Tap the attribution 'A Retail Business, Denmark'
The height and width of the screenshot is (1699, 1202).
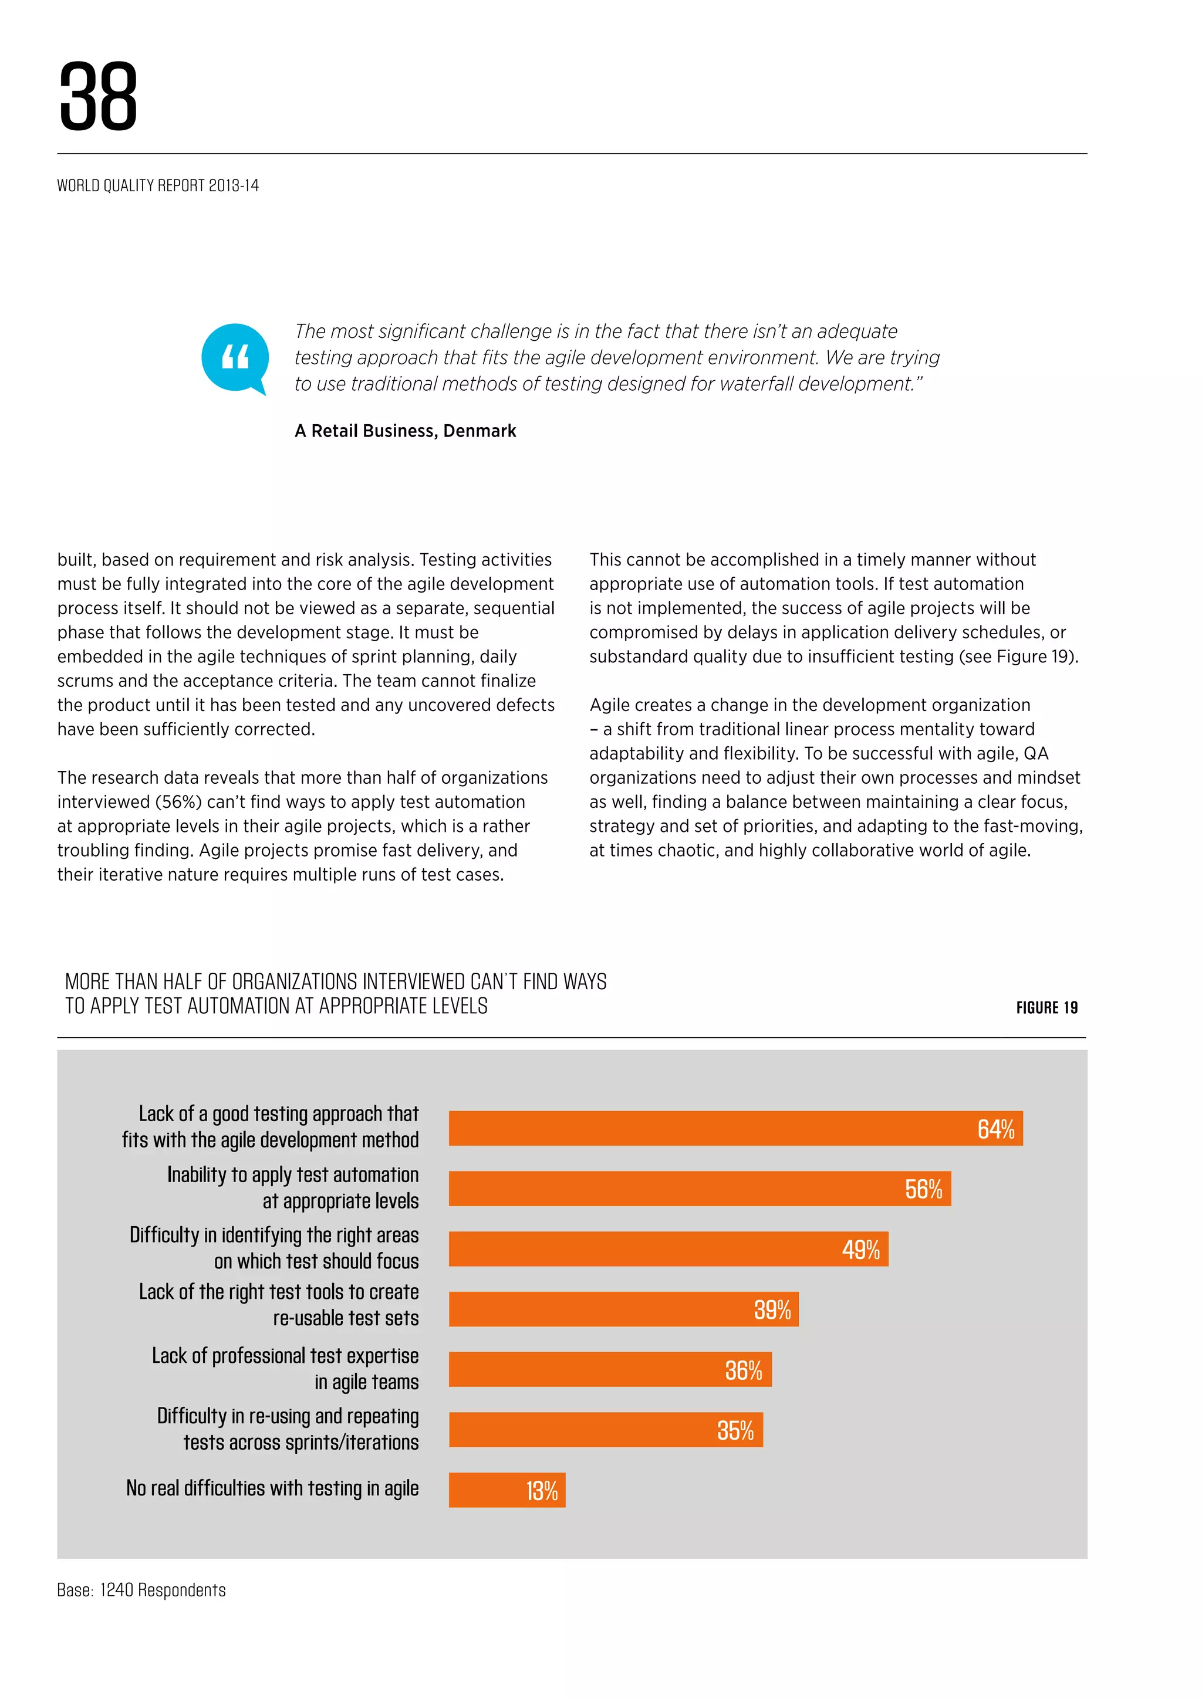coord(405,431)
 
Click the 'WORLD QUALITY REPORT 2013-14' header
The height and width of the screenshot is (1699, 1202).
coord(158,186)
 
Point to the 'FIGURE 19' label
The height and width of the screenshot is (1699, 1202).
coord(1046,1007)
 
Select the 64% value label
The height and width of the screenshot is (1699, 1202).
coord(995,1129)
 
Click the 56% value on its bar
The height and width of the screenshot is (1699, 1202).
coord(923,1189)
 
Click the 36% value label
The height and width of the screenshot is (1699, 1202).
coord(743,1370)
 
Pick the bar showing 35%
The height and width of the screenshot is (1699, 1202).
coord(606,1430)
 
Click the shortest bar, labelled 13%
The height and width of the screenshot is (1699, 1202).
coord(507,1490)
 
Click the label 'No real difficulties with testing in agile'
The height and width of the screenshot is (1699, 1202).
coord(272,1488)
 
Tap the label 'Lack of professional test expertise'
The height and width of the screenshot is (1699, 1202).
coord(285,1356)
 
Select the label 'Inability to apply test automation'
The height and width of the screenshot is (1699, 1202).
coord(292,1175)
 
